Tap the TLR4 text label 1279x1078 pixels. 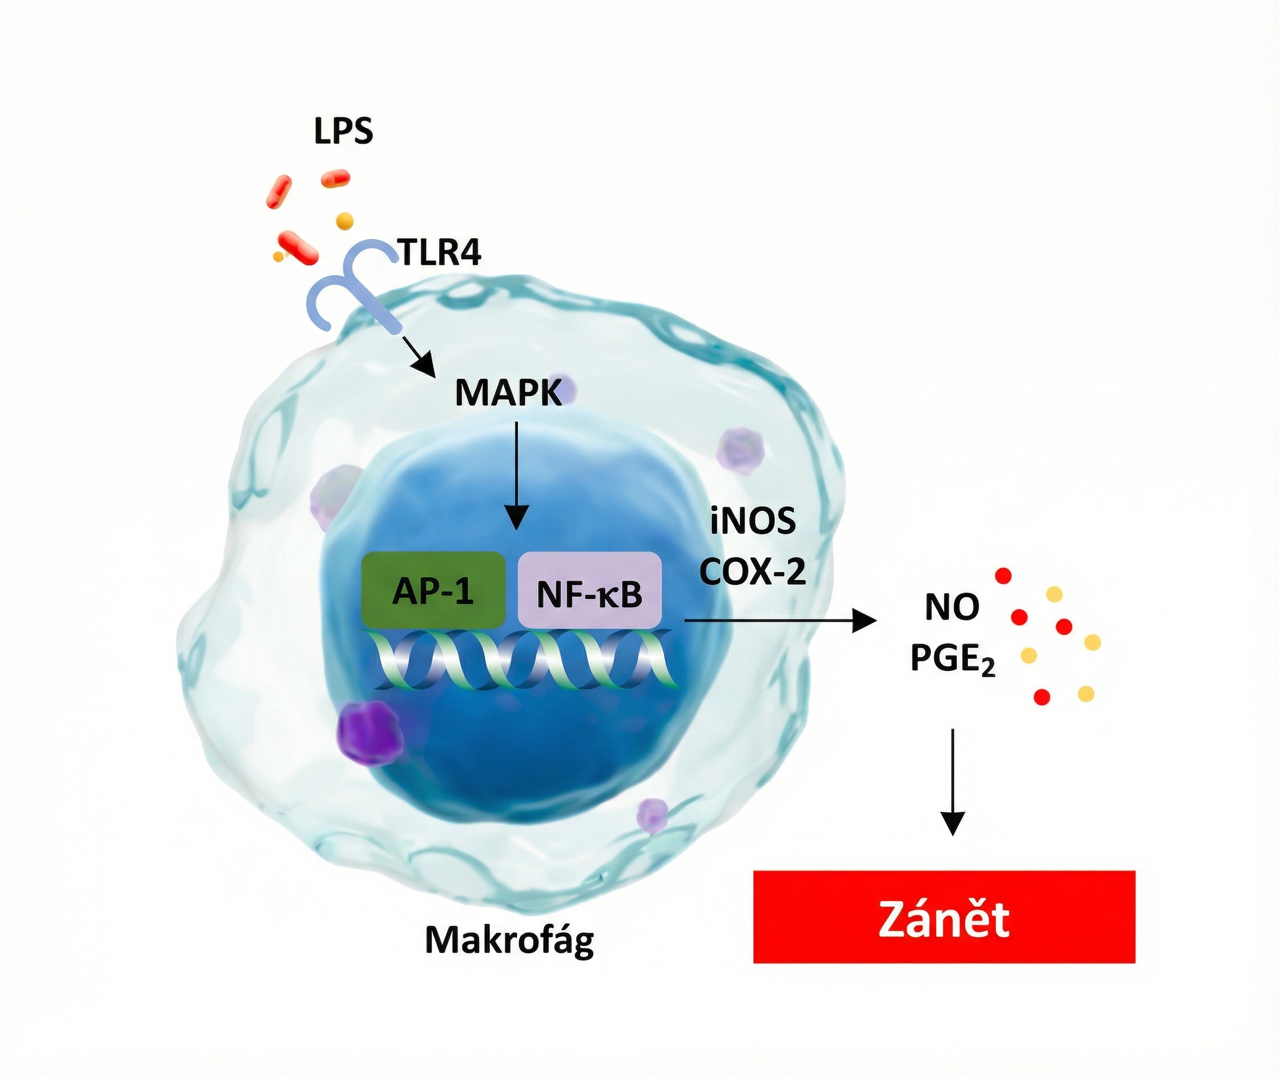coord(439,252)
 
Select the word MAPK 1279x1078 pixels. coord(508,393)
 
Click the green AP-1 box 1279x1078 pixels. coord(433,590)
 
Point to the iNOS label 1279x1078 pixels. coord(753,522)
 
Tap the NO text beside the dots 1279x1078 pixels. coord(952,607)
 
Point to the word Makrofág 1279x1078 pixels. coord(509,940)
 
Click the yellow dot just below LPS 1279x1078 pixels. coord(345,220)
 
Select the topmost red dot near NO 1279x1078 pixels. coord(1003,575)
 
